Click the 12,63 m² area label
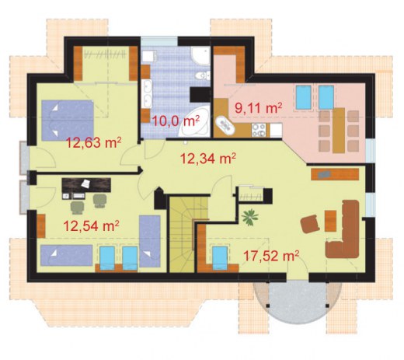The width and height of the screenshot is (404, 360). [94, 142]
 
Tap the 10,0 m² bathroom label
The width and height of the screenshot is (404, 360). [176, 121]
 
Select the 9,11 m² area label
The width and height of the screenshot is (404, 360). [258, 107]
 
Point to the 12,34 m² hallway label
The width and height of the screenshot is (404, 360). [207, 158]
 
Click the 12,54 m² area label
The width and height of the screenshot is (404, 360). [91, 225]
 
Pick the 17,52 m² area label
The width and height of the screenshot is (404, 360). [271, 255]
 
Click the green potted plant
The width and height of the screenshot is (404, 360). [250, 217]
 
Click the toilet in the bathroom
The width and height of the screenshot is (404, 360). [203, 75]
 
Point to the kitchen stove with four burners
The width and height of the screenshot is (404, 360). [259, 130]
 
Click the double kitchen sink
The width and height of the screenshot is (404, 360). [225, 126]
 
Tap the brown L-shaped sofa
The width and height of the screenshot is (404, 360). [343, 229]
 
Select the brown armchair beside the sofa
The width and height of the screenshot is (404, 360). [310, 224]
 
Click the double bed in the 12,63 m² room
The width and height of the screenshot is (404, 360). [68, 121]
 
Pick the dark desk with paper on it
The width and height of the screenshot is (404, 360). [86, 185]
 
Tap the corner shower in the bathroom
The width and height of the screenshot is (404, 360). [200, 56]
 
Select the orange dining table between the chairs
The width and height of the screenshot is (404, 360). [339, 131]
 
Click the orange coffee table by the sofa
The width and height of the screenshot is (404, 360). [330, 221]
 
